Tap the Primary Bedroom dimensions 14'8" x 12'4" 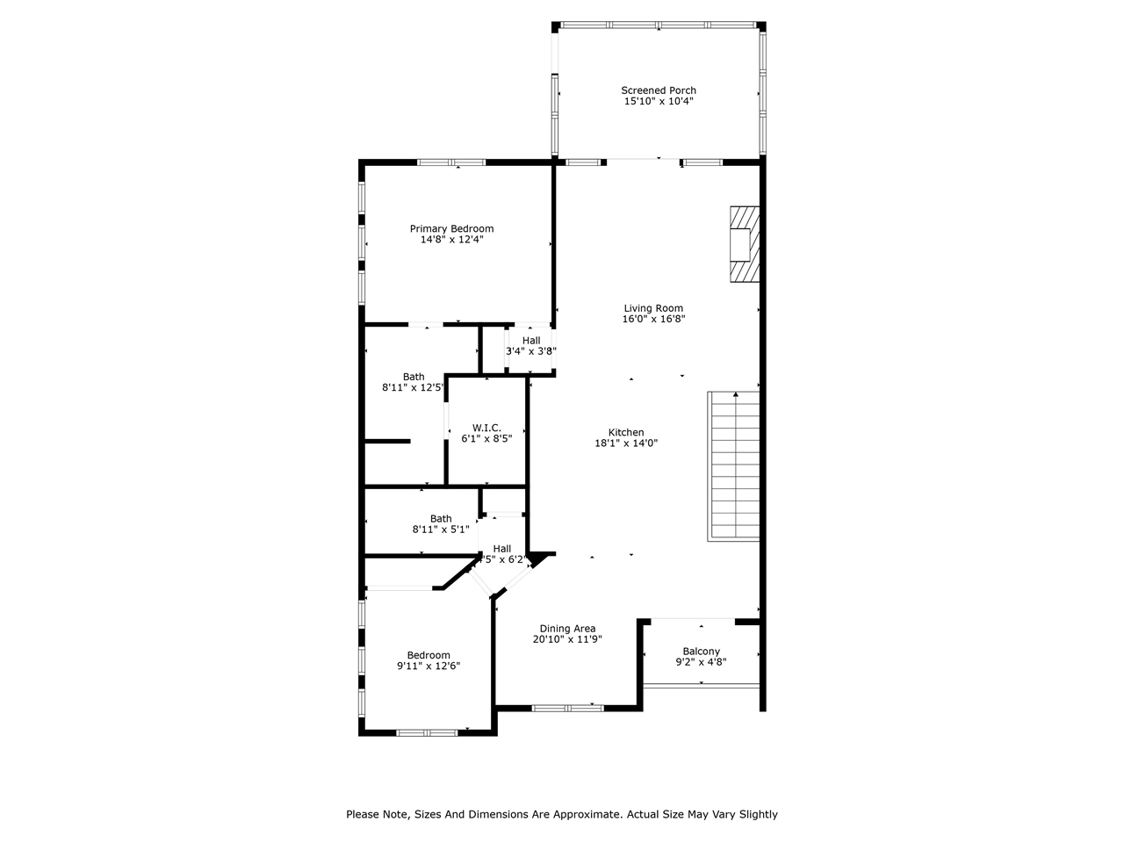click(x=451, y=239)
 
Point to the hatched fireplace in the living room click(x=745, y=244)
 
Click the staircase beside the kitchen click(x=734, y=466)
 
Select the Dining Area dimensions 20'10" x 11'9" click(x=567, y=638)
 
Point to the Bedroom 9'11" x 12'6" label click(x=429, y=660)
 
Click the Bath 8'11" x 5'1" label click(x=441, y=524)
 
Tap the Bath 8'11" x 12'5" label click(x=413, y=382)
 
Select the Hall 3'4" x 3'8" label click(x=531, y=345)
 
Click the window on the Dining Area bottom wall click(x=567, y=709)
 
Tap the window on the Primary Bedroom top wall click(x=451, y=162)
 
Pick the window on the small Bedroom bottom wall click(x=427, y=733)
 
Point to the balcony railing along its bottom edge click(x=701, y=686)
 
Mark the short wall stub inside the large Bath click(x=387, y=441)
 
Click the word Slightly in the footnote click(x=759, y=814)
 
